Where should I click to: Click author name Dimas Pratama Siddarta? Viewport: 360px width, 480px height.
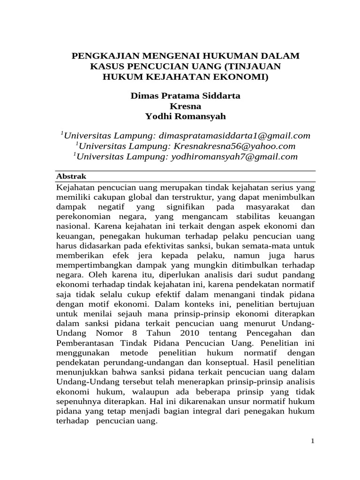coord(185,96)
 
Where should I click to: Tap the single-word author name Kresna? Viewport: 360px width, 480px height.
coord(185,106)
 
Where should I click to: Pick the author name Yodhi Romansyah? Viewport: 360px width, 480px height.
coord(185,116)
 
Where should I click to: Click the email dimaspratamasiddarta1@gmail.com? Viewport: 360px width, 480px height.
coord(235,135)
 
